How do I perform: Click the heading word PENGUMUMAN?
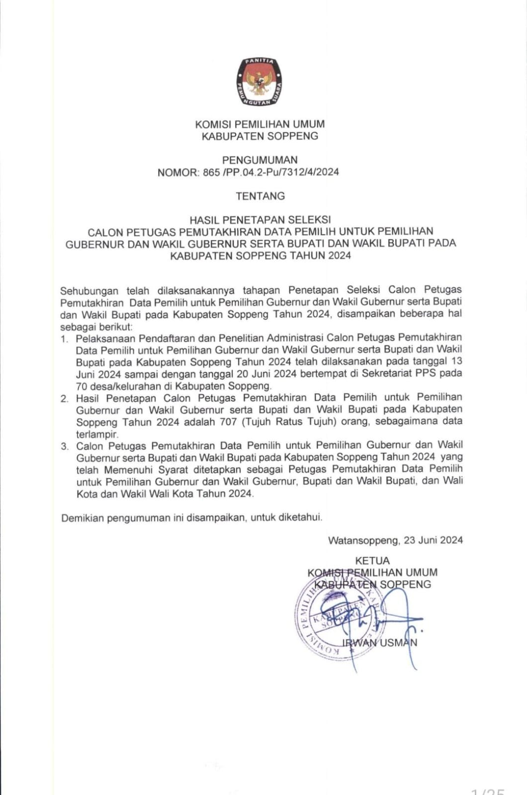[x=260, y=160]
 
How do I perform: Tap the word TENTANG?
[x=260, y=196]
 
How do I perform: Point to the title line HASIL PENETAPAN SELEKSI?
[x=260, y=219]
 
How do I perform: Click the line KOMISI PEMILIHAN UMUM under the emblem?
[x=260, y=124]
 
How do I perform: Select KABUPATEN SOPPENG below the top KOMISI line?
[x=260, y=136]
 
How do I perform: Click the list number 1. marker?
[x=64, y=339]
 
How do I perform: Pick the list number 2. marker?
[x=64, y=399]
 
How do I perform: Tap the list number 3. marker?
[x=65, y=446]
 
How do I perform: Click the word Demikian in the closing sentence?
[x=82, y=518]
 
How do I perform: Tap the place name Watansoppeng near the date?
[x=363, y=540]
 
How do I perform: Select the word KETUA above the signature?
[x=372, y=561]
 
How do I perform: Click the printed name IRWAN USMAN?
[x=379, y=642]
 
